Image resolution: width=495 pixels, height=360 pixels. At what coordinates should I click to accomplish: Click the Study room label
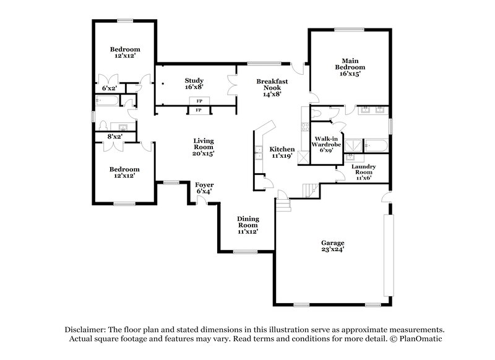(x=194, y=84)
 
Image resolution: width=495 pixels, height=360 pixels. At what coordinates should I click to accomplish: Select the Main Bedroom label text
(x=350, y=67)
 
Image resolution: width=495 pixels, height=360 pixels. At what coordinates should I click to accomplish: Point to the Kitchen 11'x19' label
(x=282, y=153)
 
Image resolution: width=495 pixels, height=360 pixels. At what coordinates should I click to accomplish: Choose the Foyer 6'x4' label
(x=204, y=188)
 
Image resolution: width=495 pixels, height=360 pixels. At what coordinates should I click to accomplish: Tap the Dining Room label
(x=248, y=225)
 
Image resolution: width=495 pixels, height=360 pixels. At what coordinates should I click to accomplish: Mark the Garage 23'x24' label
(x=332, y=246)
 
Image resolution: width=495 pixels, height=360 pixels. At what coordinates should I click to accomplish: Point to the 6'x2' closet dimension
(x=109, y=88)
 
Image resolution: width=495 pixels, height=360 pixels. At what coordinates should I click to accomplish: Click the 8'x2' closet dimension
(x=114, y=136)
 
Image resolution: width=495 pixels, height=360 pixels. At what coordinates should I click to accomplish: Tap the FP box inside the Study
(x=199, y=100)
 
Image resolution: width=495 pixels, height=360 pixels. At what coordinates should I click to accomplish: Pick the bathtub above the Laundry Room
(x=376, y=147)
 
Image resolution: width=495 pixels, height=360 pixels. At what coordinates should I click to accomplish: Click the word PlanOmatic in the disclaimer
(x=418, y=339)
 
